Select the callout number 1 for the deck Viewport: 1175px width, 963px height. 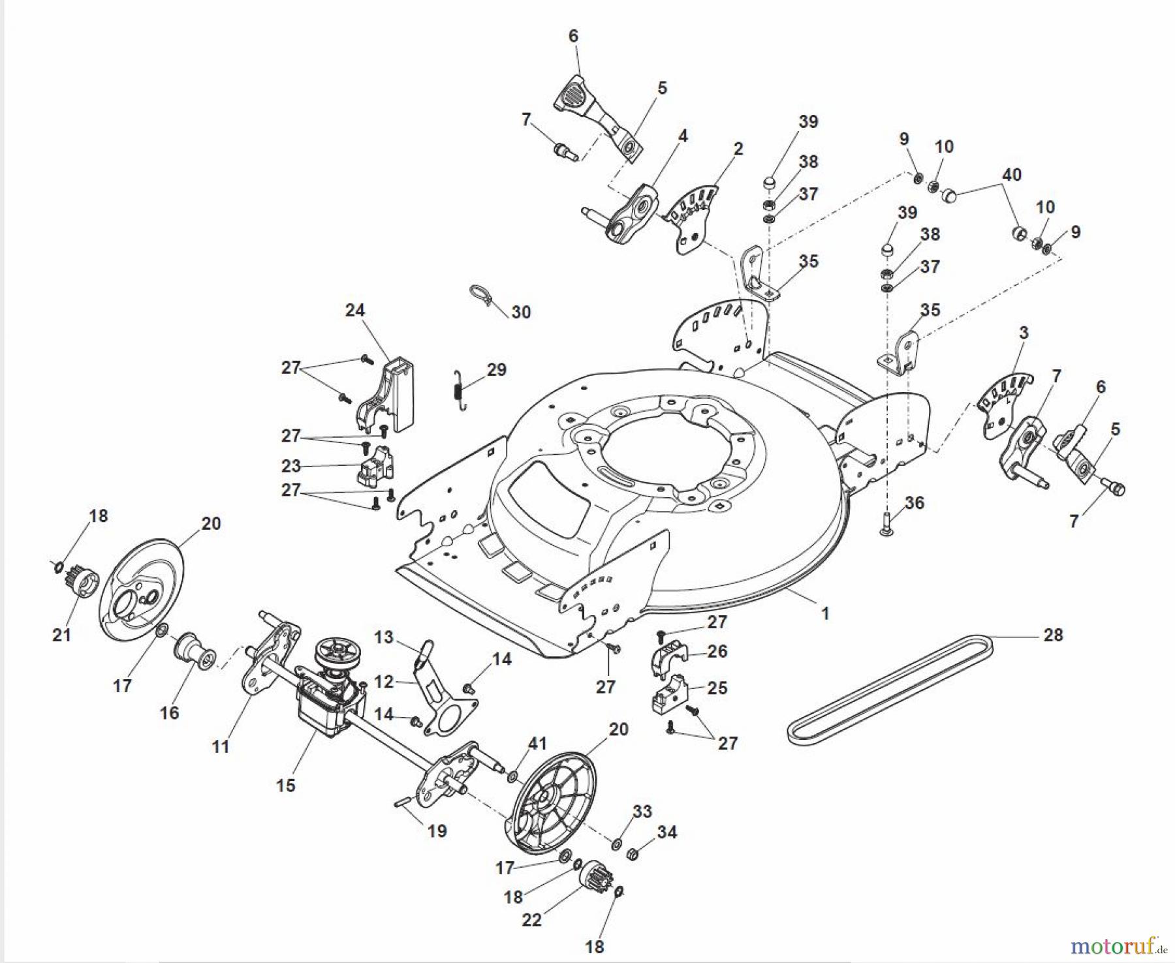(825, 613)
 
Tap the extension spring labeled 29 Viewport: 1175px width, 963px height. (460, 390)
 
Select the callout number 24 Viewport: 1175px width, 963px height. (355, 311)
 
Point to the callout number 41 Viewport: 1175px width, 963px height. (538, 743)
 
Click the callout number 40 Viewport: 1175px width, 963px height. (1011, 175)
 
